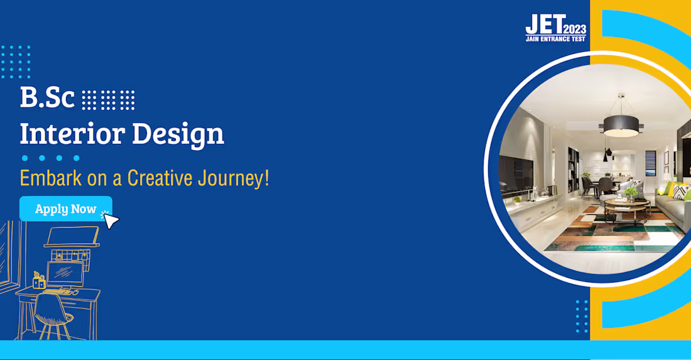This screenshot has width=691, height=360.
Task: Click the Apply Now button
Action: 65,209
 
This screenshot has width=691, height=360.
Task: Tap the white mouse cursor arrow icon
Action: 111,221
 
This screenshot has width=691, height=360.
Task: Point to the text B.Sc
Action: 47,99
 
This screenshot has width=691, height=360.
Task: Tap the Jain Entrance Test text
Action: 555,39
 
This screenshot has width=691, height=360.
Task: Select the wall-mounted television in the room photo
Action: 516,175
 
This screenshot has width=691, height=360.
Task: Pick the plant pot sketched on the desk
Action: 38,281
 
